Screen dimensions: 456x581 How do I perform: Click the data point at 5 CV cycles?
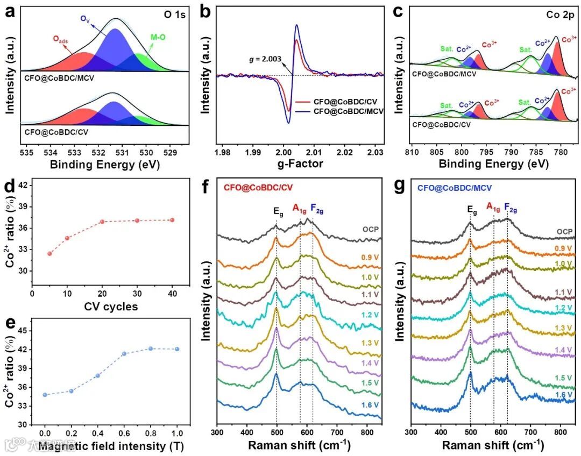(49, 253)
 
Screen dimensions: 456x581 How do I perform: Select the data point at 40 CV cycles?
(172, 220)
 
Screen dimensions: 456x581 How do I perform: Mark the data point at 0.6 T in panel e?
(124, 353)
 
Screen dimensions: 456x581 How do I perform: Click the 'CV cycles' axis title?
(111, 307)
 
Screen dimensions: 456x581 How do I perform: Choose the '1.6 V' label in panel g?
(564, 395)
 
